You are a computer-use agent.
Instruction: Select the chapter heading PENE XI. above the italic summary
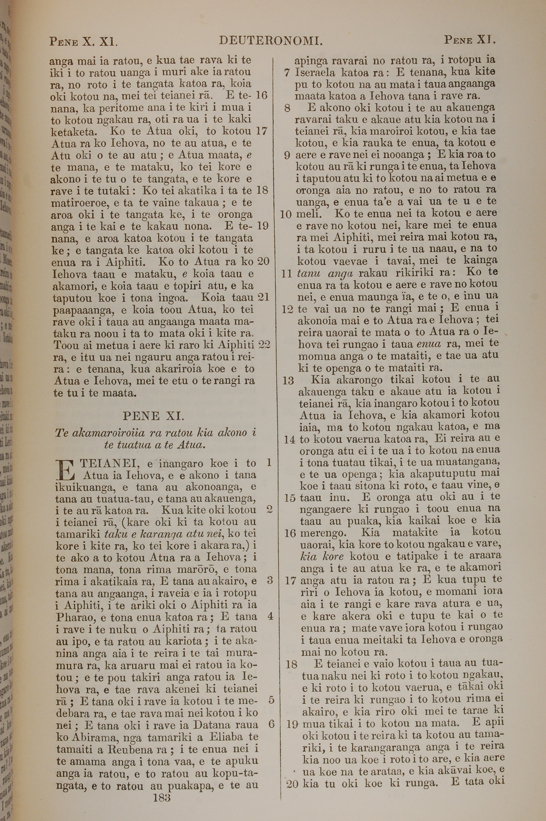[153, 416]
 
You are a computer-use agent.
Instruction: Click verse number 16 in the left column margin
[261, 95]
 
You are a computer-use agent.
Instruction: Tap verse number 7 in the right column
[287, 73]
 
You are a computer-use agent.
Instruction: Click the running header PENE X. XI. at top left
[84, 42]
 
